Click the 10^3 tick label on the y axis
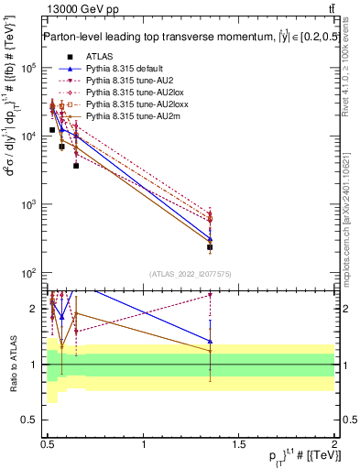coord(28,205)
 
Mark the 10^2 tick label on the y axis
coord(28,273)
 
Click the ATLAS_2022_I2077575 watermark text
coord(190,274)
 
